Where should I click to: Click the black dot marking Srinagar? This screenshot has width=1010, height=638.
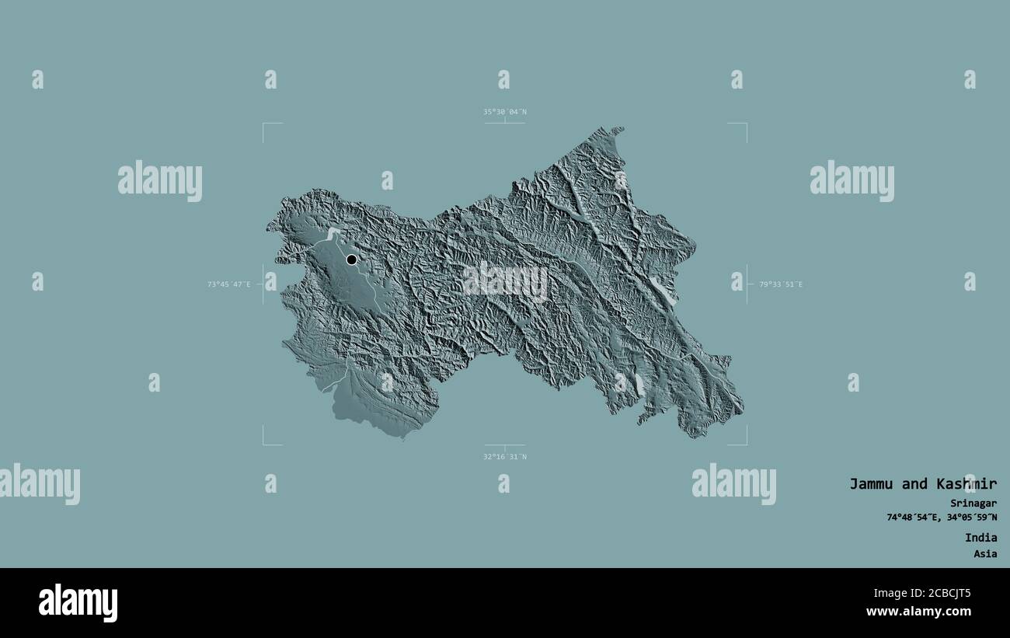[x=351, y=260]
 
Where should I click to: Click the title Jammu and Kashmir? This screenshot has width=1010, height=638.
[x=922, y=483]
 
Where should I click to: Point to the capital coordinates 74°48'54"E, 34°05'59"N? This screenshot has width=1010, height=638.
[x=942, y=518]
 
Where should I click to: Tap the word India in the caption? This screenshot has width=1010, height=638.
[x=980, y=538]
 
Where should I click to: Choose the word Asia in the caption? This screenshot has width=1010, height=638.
[x=984, y=554]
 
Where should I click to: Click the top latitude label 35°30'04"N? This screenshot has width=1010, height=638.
[x=504, y=112]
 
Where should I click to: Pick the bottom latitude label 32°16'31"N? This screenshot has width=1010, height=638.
[x=504, y=457]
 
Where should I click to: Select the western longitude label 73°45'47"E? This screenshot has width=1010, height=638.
[x=228, y=284]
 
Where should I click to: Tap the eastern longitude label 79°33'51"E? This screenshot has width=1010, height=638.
[x=781, y=284]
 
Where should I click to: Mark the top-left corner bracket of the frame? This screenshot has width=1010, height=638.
[x=264, y=124]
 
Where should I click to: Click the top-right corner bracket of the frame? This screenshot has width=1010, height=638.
[x=745, y=124]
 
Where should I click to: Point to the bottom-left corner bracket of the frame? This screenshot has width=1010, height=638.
[x=264, y=444]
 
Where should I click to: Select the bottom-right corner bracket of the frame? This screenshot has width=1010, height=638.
[x=745, y=444]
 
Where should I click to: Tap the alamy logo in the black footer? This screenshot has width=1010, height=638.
[x=78, y=603]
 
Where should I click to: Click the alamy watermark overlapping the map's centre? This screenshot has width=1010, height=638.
[x=505, y=281]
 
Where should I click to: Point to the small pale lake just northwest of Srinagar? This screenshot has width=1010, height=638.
[x=333, y=232]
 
